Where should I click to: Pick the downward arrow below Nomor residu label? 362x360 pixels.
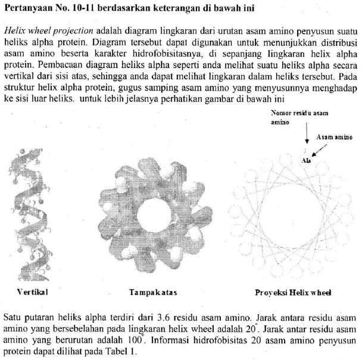pos(307,136)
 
